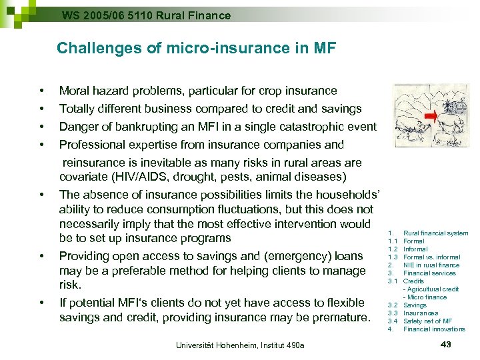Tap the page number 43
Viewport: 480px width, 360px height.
click(447, 343)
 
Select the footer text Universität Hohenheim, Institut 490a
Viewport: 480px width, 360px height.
click(240, 345)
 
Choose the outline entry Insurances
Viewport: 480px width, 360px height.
click(421, 313)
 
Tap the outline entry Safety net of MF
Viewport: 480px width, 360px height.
click(427, 321)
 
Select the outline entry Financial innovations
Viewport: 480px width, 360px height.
click(434, 329)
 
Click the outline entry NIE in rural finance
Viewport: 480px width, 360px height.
click(431, 265)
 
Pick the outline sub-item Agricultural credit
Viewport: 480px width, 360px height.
click(433, 289)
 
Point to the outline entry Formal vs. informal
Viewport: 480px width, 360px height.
click(431, 257)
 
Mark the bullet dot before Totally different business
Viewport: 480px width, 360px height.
click(41, 109)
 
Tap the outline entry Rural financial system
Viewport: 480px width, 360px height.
click(435, 233)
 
